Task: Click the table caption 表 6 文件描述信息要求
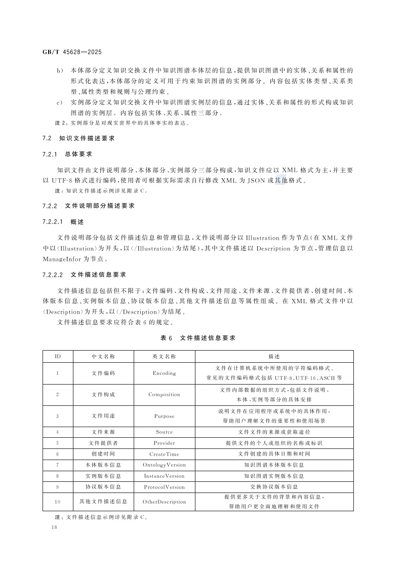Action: point(197,337)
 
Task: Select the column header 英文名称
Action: point(164,356)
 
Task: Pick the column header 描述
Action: point(274,356)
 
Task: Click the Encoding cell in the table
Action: point(164,373)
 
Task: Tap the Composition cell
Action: point(164,394)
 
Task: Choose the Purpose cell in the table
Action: point(164,415)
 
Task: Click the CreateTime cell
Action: point(164,454)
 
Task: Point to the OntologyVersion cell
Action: point(164,465)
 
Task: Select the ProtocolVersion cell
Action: point(164,487)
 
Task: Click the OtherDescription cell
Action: point(164,502)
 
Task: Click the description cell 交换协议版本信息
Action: point(274,487)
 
